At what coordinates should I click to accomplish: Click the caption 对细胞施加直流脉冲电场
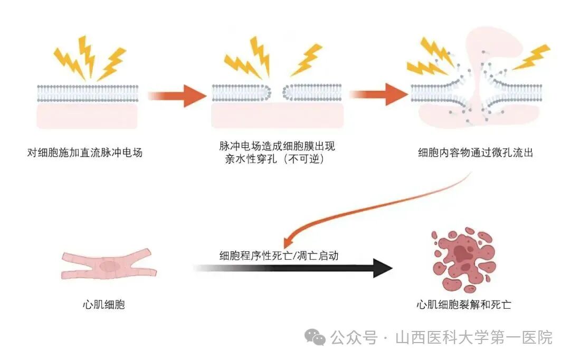click(x=84, y=154)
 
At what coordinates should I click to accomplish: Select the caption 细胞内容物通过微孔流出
click(x=475, y=153)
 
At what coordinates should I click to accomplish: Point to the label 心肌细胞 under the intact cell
click(x=104, y=305)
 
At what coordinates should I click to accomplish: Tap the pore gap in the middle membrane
click(x=278, y=93)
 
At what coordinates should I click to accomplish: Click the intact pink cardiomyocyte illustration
click(x=109, y=265)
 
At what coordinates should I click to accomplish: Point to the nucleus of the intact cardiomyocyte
click(x=110, y=267)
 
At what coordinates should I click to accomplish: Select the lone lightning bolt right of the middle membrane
click(x=307, y=59)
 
